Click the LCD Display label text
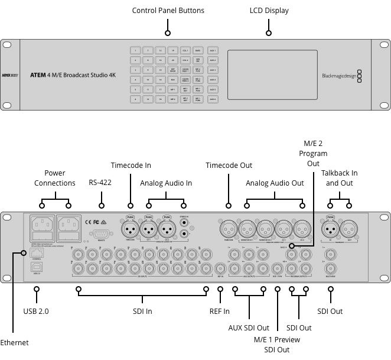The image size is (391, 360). tap(269, 11)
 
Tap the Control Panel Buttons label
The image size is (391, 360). tap(168, 11)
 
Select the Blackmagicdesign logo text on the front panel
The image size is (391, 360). tap(340, 75)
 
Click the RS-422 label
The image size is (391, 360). tap(100, 183)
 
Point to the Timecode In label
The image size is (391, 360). tap(131, 165)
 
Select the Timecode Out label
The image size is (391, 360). tap(229, 165)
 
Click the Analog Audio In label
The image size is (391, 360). tap(166, 183)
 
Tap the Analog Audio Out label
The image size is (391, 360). tap(275, 183)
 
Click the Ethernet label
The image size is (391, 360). tap(14, 343)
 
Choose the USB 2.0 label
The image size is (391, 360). tap(37, 311)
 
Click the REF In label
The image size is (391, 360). tap(220, 311)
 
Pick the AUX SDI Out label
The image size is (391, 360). tap(249, 327)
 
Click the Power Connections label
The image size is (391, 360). tap(55, 178)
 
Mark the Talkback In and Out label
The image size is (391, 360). tap(339, 178)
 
